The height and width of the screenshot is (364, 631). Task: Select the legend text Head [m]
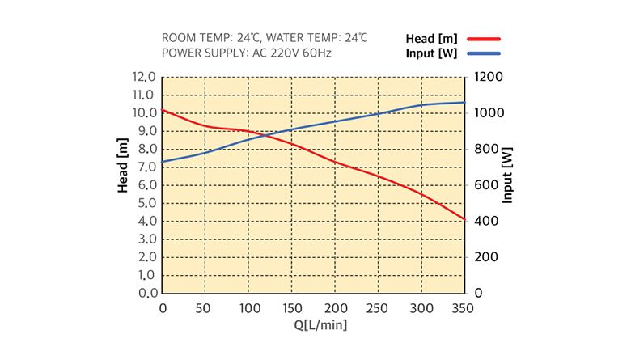[x=433, y=39]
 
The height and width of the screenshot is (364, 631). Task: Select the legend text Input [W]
[x=431, y=53]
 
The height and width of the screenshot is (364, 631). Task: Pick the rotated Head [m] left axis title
[x=123, y=166]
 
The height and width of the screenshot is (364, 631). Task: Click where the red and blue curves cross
[x=267, y=133]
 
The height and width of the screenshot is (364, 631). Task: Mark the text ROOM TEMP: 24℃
[x=212, y=38]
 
